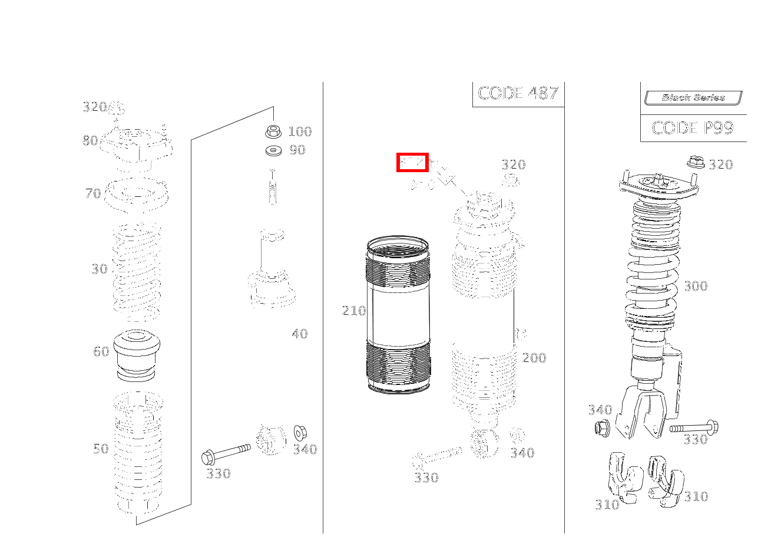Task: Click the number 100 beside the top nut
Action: pyautogui.click(x=300, y=131)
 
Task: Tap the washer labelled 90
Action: pyautogui.click(x=273, y=151)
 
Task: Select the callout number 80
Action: pyautogui.click(x=90, y=140)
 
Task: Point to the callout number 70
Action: pyautogui.click(x=93, y=193)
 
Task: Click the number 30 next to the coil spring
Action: pyautogui.click(x=100, y=269)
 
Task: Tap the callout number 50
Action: pyautogui.click(x=101, y=449)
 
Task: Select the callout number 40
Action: pyautogui.click(x=300, y=334)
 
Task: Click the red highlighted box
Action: pyautogui.click(x=412, y=163)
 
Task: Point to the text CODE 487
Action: pyautogui.click(x=518, y=93)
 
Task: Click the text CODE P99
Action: pyautogui.click(x=693, y=128)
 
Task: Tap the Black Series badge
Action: pyautogui.click(x=693, y=98)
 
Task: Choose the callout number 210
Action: pyautogui.click(x=354, y=311)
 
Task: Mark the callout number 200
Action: pyautogui.click(x=534, y=358)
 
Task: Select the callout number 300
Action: pyautogui.click(x=696, y=287)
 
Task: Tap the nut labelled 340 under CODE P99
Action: pyautogui.click(x=603, y=428)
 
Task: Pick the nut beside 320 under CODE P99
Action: pyautogui.click(x=695, y=161)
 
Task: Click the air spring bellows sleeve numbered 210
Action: pyautogui.click(x=398, y=315)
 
